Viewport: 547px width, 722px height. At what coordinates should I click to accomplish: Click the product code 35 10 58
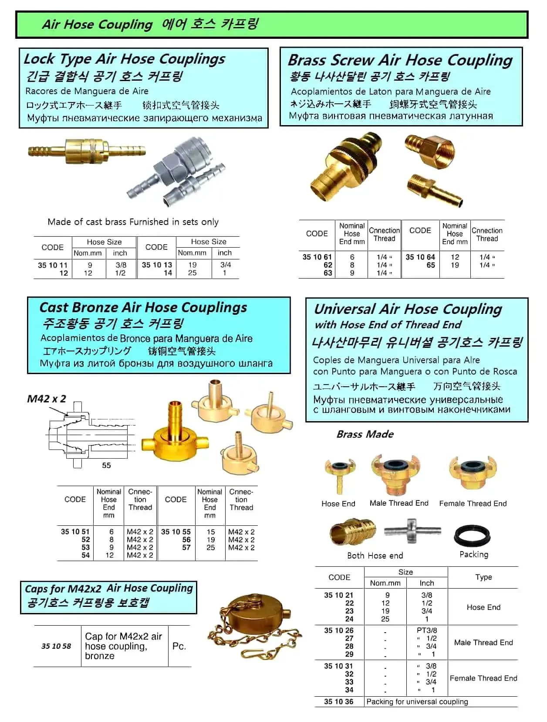tap(56, 646)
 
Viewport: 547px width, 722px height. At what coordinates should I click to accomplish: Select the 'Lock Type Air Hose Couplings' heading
tap(124, 59)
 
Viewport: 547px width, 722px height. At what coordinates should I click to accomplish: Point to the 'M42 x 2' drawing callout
tap(47, 399)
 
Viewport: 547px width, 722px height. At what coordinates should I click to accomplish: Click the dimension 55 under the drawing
tap(106, 465)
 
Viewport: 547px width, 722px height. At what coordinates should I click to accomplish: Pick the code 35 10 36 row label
tap(338, 702)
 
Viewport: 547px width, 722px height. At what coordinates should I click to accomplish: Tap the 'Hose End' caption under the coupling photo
tap(338, 504)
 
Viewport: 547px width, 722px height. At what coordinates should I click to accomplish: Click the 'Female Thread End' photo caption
tap(473, 504)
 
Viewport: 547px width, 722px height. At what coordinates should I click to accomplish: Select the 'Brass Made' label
tap(365, 434)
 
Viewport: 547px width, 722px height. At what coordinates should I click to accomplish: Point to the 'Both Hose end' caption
tap(375, 555)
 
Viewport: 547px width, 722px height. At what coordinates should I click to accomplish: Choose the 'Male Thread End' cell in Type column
tap(483, 642)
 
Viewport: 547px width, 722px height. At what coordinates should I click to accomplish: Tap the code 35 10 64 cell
tap(420, 257)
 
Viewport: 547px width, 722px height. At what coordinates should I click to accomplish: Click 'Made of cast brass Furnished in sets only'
tap(133, 222)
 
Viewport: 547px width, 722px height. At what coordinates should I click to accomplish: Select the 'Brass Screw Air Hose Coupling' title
tap(400, 60)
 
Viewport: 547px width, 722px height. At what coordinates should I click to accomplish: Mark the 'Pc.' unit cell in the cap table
tap(179, 646)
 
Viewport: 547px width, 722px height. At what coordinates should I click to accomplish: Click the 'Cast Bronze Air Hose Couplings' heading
tap(143, 308)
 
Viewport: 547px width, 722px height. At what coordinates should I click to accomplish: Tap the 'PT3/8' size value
tap(427, 630)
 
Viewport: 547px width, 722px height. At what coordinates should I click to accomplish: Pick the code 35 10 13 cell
tap(157, 265)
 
